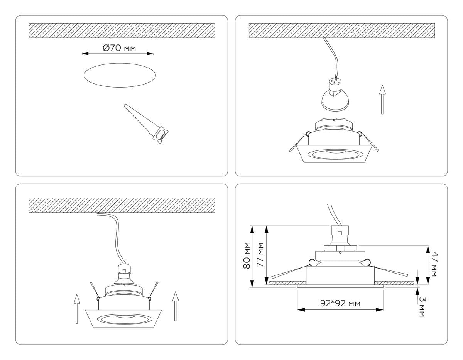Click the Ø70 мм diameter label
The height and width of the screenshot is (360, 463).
click(x=119, y=48)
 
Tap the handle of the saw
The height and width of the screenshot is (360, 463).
click(x=161, y=134)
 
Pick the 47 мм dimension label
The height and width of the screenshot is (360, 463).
click(x=434, y=264)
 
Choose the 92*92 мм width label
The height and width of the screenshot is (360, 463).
click(x=340, y=304)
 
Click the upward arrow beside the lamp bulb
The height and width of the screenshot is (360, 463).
click(x=382, y=99)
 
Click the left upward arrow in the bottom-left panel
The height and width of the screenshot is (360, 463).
click(x=77, y=308)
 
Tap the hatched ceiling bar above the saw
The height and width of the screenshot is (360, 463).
click(x=122, y=30)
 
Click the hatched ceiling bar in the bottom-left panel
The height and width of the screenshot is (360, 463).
click(x=122, y=205)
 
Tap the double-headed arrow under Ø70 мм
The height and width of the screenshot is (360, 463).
click(x=118, y=54)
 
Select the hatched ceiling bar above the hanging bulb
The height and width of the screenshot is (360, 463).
click(x=341, y=30)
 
